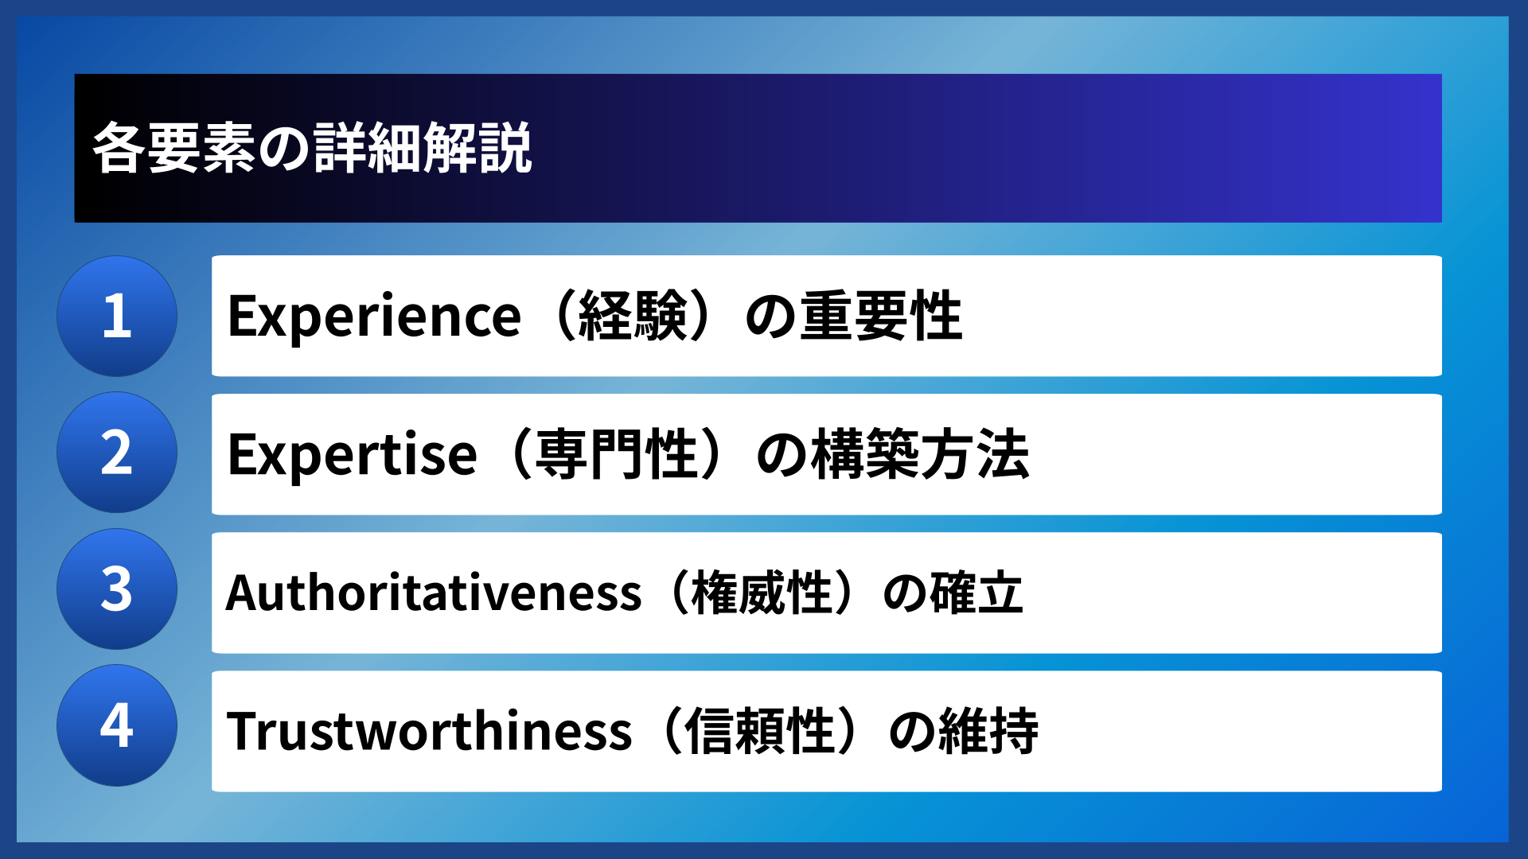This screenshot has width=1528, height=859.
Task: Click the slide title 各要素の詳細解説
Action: [312, 149]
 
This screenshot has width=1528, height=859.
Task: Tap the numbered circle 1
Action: [117, 316]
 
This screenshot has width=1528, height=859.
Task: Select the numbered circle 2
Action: [117, 453]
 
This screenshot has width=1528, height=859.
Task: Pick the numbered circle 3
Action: [117, 589]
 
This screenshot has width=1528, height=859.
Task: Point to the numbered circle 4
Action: [117, 725]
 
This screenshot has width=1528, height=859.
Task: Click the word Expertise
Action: [352, 455]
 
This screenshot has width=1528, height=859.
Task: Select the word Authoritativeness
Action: [434, 593]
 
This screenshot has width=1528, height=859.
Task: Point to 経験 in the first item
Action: [633, 317]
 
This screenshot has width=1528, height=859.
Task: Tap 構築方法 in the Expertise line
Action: [921, 455]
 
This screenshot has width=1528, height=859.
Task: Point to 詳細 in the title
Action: [368, 149]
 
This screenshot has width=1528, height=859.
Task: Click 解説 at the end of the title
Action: [477, 149]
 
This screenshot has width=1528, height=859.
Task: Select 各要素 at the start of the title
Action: [174, 149]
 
